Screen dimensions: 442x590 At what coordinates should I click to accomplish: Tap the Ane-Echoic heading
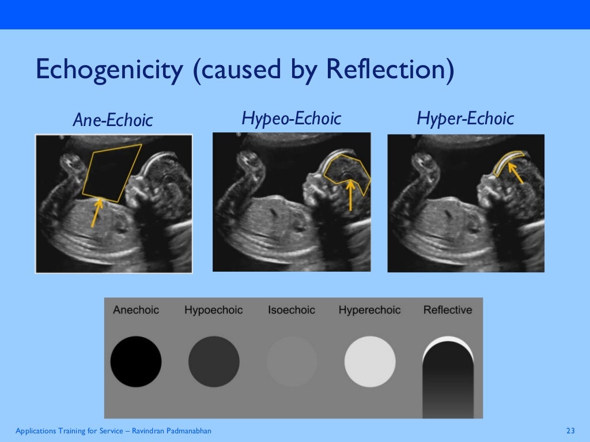click(x=112, y=120)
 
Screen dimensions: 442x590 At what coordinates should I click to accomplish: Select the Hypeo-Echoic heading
click(x=291, y=119)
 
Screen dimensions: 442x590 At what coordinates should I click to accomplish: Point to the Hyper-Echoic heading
click(x=465, y=119)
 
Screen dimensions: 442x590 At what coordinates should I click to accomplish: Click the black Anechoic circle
click(x=136, y=361)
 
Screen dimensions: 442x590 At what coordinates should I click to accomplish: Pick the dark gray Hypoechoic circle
click(x=214, y=361)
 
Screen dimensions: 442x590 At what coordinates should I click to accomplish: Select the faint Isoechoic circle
click(x=292, y=361)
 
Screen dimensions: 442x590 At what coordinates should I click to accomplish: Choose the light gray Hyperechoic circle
click(x=370, y=361)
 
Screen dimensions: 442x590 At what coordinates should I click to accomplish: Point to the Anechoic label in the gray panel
click(x=136, y=310)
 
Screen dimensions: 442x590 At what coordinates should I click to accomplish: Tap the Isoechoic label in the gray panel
click(x=292, y=310)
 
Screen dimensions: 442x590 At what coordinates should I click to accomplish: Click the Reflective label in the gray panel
click(x=448, y=310)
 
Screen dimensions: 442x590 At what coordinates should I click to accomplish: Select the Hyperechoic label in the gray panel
click(x=369, y=310)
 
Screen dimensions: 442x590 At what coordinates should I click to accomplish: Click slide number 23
click(x=571, y=431)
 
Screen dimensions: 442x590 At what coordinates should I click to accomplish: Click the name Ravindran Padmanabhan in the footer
click(x=173, y=431)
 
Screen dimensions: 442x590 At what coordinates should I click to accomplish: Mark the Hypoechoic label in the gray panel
click(x=214, y=310)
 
